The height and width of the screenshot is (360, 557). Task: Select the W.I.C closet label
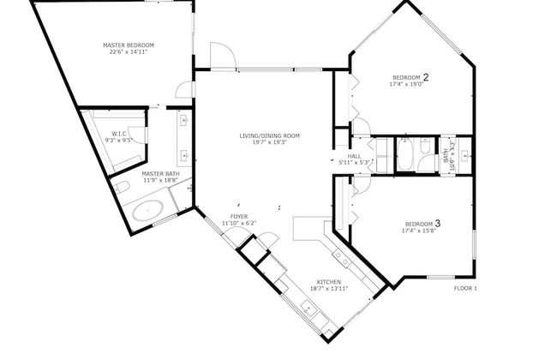point(119,133)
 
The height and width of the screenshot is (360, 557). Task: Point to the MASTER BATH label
point(159,174)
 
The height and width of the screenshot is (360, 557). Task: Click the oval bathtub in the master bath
point(151,209)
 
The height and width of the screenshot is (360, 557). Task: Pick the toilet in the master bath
point(123,186)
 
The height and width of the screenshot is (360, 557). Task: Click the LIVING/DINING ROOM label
point(269,135)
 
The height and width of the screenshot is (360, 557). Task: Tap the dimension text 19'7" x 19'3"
point(269,142)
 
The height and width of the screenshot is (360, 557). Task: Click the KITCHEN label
point(330,282)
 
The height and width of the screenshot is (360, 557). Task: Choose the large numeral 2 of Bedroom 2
point(425,77)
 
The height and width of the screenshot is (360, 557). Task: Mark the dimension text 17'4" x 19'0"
point(405,85)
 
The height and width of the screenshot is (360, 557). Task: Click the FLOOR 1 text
point(465,288)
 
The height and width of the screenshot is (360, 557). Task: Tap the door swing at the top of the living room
point(221,56)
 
